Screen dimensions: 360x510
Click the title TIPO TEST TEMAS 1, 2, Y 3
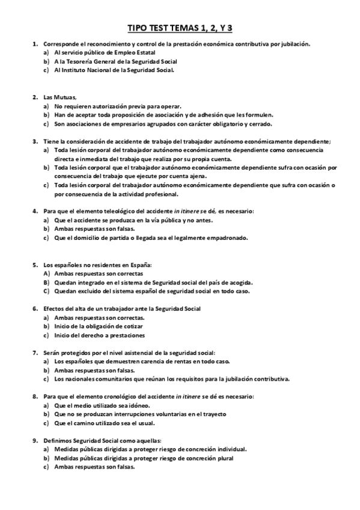pos(180,28)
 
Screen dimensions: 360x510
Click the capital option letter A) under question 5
pos(46,273)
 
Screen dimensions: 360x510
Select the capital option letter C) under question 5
pos(46,291)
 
